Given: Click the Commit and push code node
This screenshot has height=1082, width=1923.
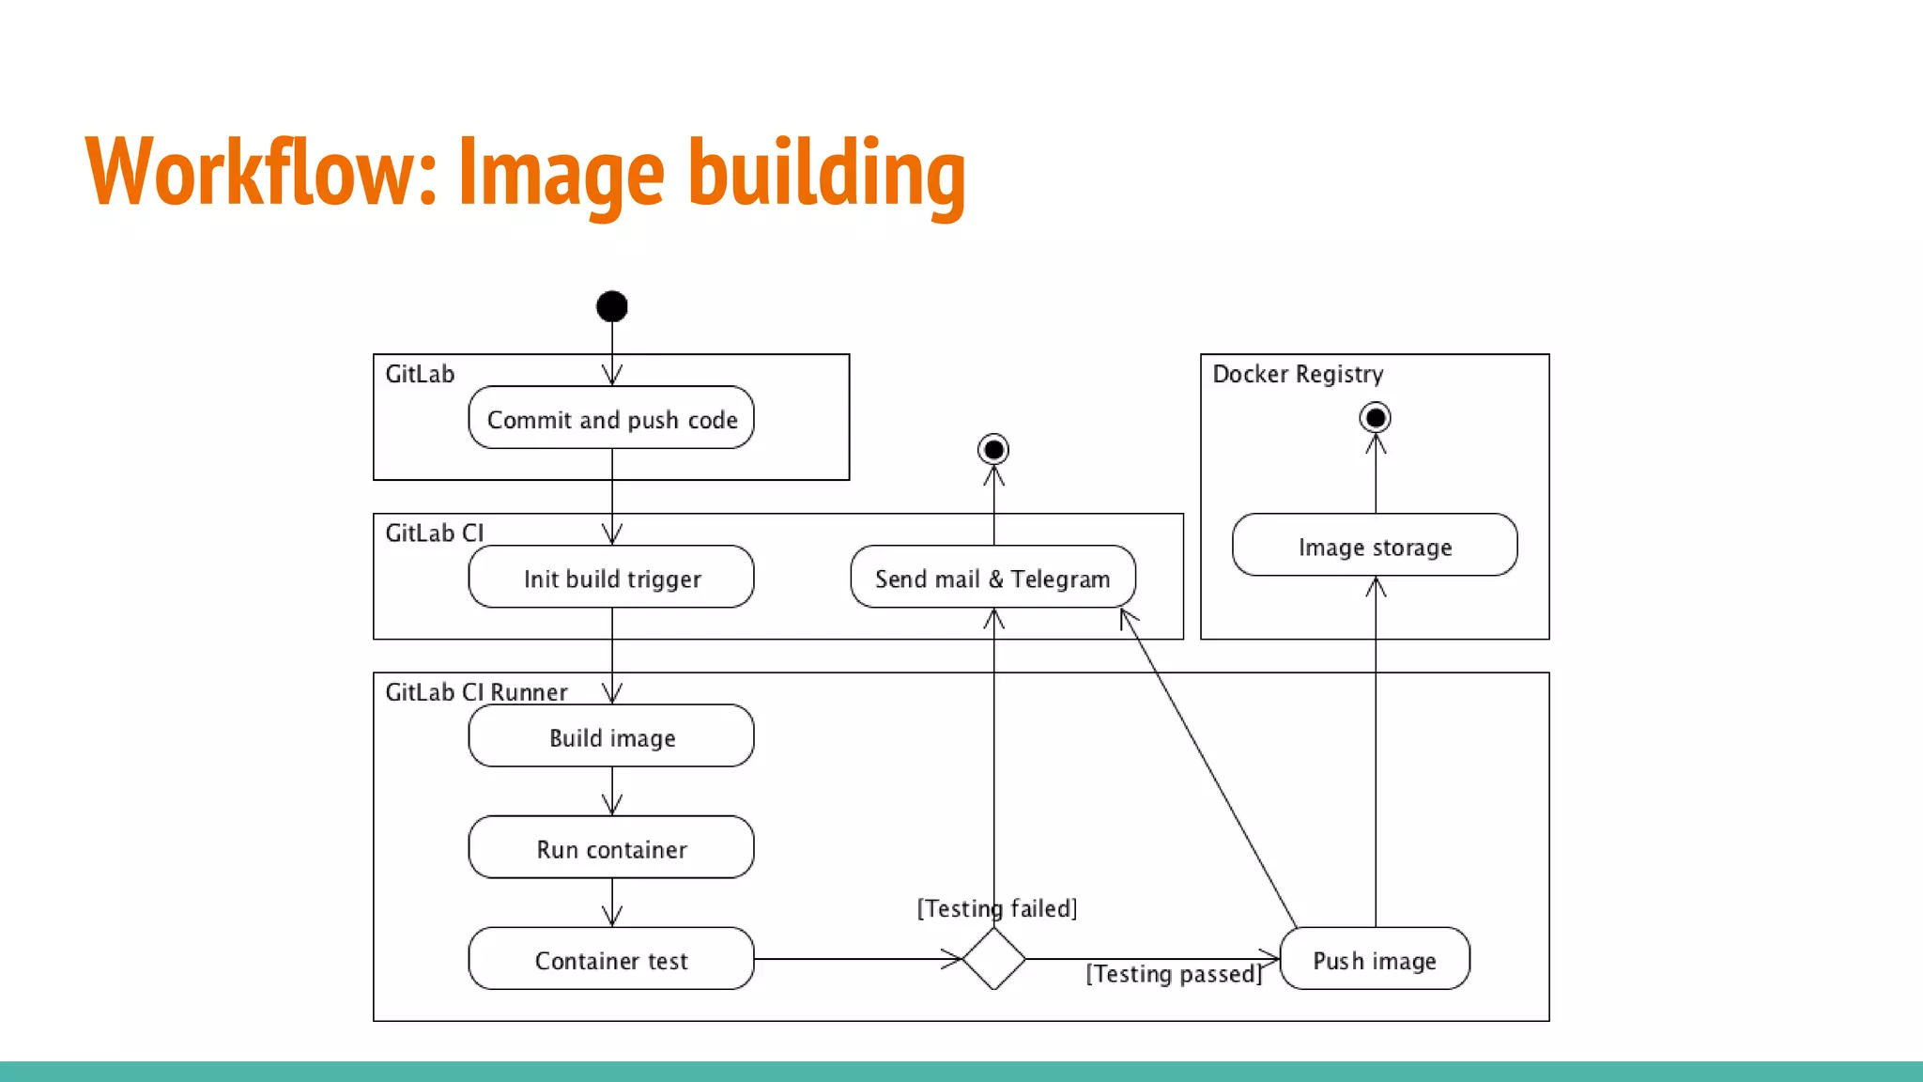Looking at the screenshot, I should (x=611, y=418).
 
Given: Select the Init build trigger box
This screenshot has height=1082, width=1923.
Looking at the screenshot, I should (x=611, y=578).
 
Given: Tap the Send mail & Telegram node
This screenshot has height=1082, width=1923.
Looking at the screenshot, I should (x=992, y=578).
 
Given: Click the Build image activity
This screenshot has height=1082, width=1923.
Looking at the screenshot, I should (x=611, y=736).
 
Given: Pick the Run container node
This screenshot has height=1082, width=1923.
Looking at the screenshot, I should (x=611, y=848).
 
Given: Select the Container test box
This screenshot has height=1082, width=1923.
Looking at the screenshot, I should (x=611, y=959).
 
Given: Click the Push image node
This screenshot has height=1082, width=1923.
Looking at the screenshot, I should (x=1375, y=959).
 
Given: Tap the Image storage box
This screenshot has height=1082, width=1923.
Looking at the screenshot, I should (x=1375, y=546).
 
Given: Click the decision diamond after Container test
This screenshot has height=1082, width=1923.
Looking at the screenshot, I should (x=993, y=959).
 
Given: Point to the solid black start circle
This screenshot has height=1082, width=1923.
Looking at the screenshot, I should (x=612, y=306).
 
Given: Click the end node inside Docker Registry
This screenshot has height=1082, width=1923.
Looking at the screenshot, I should (x=1376, y=417).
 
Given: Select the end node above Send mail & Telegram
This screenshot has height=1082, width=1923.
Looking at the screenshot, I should (x=993, y=449).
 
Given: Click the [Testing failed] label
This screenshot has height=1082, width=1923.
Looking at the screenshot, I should (x=997, y=908).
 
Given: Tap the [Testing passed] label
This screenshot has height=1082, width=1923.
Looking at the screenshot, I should (x=1174, y=974).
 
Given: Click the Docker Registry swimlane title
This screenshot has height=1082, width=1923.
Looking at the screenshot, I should (x=1298, y=374).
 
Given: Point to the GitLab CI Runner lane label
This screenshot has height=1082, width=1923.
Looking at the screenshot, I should (x=476, y=692).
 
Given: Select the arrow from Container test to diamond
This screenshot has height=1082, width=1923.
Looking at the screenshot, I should (x=854, y=959).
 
